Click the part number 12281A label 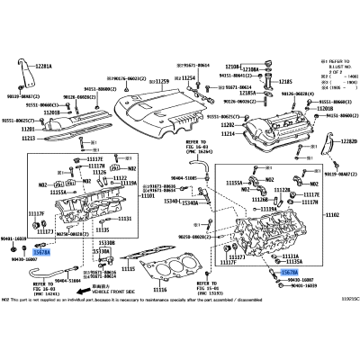point(45,67)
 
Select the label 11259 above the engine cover point(161,82)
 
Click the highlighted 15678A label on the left point(42,254)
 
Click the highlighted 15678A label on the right point(290,271)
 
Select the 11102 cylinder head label point(332,215)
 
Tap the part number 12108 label point(232,66)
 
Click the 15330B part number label point(131,243)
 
